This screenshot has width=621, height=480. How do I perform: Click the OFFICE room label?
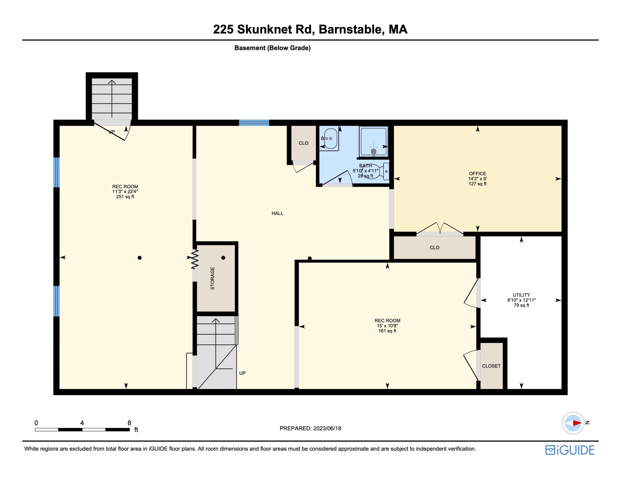(477, 174)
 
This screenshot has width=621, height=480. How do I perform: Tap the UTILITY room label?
(521, 295)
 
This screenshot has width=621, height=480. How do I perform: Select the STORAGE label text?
(212, 278)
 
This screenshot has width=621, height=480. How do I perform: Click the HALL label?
(277, 213)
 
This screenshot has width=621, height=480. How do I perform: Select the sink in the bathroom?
(330, 139)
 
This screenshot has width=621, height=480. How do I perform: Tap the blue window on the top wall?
(254, 123)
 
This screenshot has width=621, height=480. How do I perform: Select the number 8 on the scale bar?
(129, 423)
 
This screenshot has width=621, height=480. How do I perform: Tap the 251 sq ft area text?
(125, 197)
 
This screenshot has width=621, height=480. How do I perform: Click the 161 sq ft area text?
(387, 331)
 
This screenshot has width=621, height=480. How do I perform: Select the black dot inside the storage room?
(223, 258)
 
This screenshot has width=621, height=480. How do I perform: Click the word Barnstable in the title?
(350, 29)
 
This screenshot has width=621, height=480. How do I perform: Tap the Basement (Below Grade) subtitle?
(272, 48)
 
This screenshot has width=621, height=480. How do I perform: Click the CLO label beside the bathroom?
(303, 143)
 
